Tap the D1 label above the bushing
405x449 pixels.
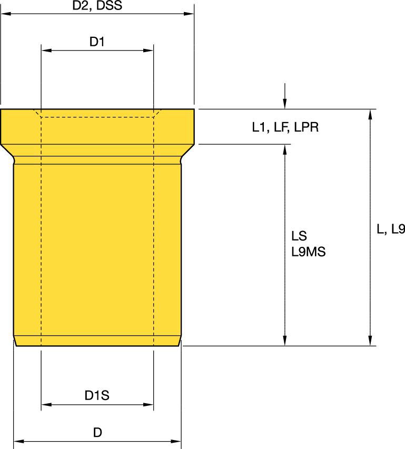[x=97, y=42]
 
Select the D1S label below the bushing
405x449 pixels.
[x=97, y=395]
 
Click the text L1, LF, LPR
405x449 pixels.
[x=284, y=127]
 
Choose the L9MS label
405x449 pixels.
[x=308, y=252]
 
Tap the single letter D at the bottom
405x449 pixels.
[x=97, y=433]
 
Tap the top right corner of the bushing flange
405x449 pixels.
[x=194, y=109]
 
